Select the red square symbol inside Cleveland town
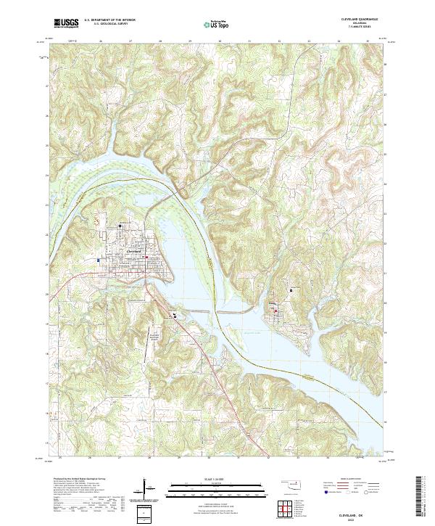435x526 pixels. pos(146,257)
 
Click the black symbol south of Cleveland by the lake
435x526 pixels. pos(174,315)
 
